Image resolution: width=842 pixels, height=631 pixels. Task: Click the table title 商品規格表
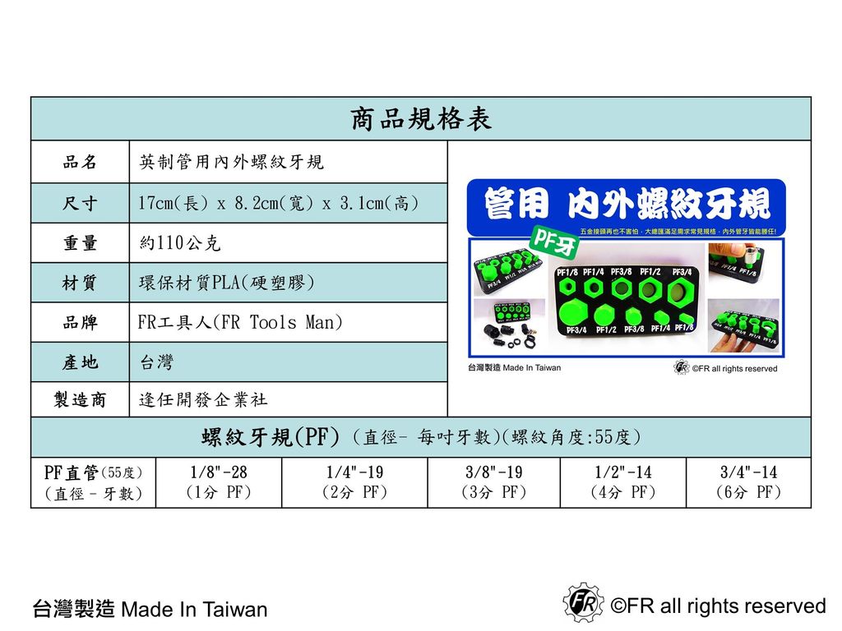tap(421, 120)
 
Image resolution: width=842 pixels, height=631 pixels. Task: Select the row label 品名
tap(80, 163)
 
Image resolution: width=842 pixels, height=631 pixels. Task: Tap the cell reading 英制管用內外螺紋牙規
tap(231, 163)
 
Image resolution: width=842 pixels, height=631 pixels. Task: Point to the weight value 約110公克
tap(180, 243)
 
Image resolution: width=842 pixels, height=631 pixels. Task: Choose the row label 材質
tap(80, 283)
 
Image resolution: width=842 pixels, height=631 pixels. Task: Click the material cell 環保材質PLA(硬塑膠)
tap(226, 283)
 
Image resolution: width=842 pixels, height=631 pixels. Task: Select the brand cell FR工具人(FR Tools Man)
tap(239, 323)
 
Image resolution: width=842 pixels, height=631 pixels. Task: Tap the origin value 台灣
tap(156, 362)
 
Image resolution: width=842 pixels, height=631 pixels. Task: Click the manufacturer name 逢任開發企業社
tap(203, 400)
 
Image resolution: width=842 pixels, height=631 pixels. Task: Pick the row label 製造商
tap(80, 400)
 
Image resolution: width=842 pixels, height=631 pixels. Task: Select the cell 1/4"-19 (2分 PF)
tap(354, 482)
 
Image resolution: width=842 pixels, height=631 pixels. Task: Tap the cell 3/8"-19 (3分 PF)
tap(493, 482)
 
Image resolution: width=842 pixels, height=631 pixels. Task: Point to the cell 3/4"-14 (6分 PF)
tap(748, 482)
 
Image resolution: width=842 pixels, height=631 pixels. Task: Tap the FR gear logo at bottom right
tap(582, 602)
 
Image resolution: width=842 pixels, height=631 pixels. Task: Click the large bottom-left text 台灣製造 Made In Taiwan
tap(150, 610)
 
